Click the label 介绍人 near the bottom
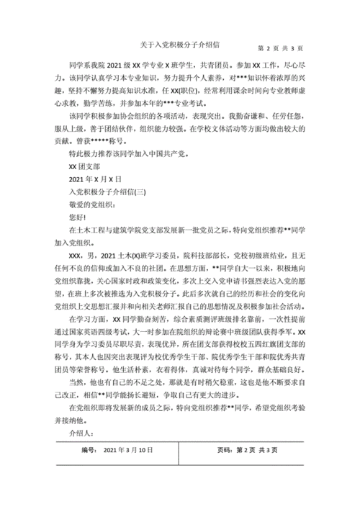(x=73, y=433)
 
